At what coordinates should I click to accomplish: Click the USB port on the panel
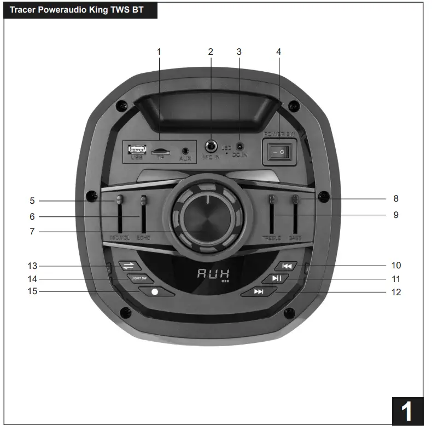click(x=137, y=149)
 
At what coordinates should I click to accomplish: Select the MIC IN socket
click(x=211, y=147)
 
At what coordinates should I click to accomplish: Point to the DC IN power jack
click(x=239, y=147)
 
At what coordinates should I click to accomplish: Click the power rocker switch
click(x=279, y=152)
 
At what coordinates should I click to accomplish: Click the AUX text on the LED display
click(x=213, y=274)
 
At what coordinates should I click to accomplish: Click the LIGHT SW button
click(x=139, y=278)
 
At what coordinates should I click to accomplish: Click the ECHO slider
click(x=143, y=214)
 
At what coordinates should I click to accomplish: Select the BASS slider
click(x=295, y=214)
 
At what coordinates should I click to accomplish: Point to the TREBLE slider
click(x=272, y=214)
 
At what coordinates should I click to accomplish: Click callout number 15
click(x=32, y=291)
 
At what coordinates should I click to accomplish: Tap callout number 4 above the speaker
click(x=278, y=52)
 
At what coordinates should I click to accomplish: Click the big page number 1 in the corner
click(x=407, y=411)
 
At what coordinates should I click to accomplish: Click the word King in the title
click(x=97, y=9)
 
